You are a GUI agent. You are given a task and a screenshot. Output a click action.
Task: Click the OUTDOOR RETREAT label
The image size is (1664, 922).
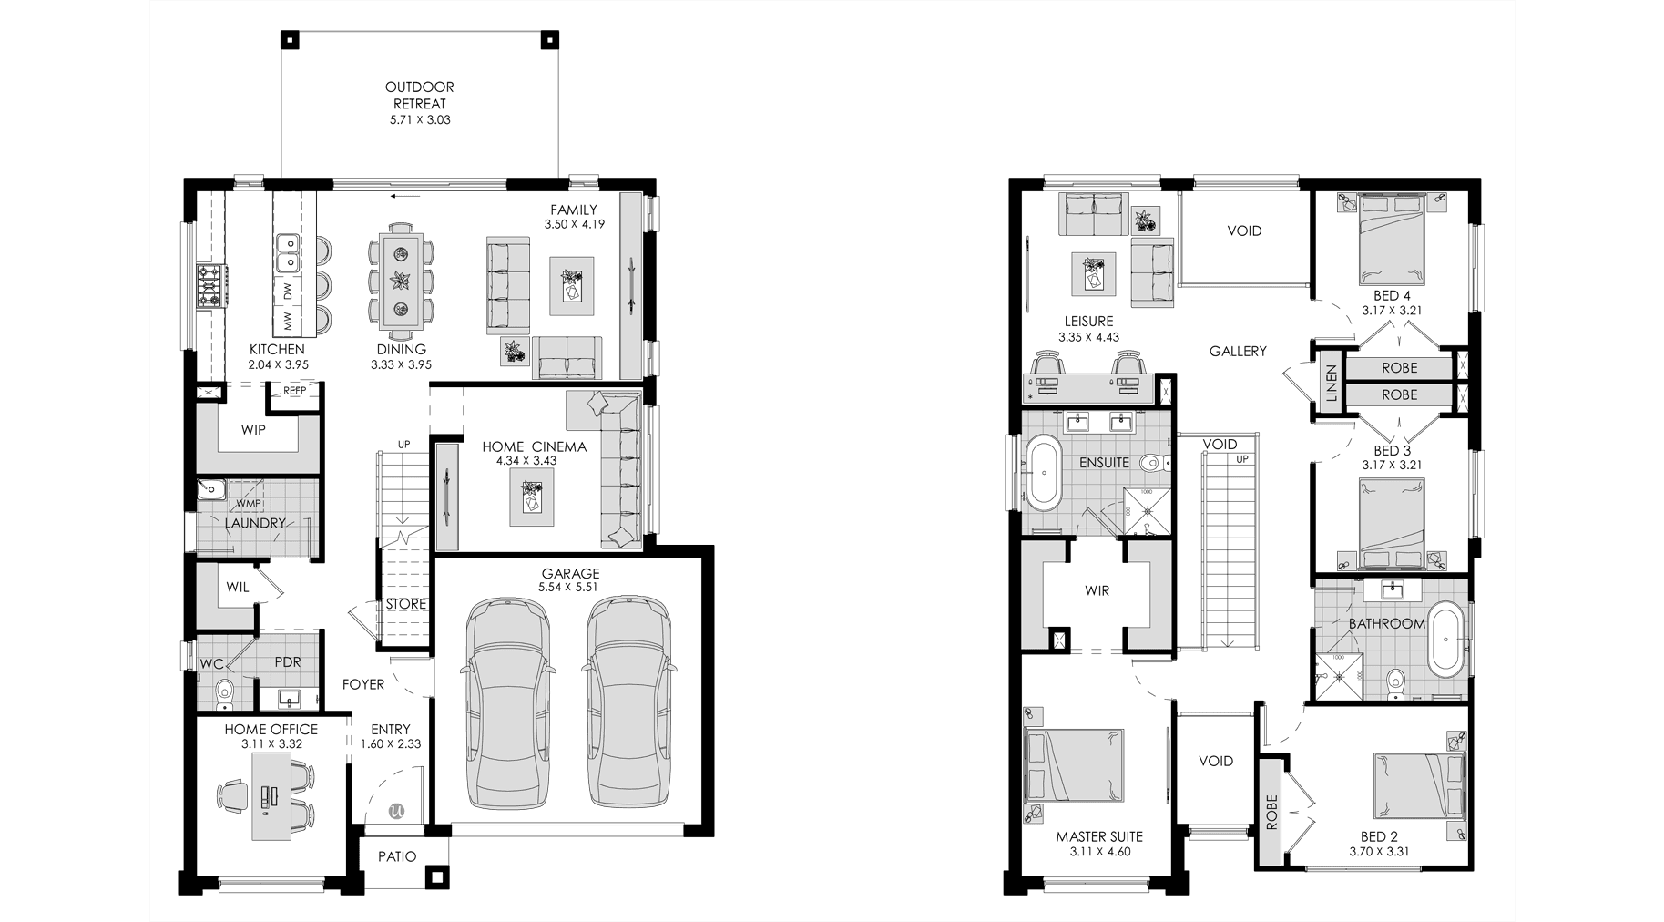tap(419, 96)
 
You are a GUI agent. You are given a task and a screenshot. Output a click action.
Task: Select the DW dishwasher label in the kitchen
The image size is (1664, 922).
tap(288, 292)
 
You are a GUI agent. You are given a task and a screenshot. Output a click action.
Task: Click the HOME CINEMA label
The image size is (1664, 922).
tap(534, 446)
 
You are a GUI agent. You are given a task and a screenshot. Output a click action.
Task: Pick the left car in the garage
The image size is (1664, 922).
tap(507, 702)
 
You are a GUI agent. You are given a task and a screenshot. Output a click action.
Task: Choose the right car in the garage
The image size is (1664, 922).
tap(629, 702)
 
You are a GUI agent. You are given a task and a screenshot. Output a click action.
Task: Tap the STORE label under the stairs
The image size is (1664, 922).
tap(406, 604)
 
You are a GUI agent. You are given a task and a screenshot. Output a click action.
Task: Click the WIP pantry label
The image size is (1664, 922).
tap(253, 430)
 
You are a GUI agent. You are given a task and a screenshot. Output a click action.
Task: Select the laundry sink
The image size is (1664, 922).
tap(211, 491)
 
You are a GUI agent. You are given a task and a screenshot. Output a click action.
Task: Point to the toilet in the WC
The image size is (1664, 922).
tap(224, 696)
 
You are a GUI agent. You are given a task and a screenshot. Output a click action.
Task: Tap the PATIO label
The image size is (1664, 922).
tap(397, 856)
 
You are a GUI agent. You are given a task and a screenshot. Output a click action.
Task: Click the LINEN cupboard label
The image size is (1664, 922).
tap(1332, 384)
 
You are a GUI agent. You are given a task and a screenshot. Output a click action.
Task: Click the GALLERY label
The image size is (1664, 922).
tap(1238, 352)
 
